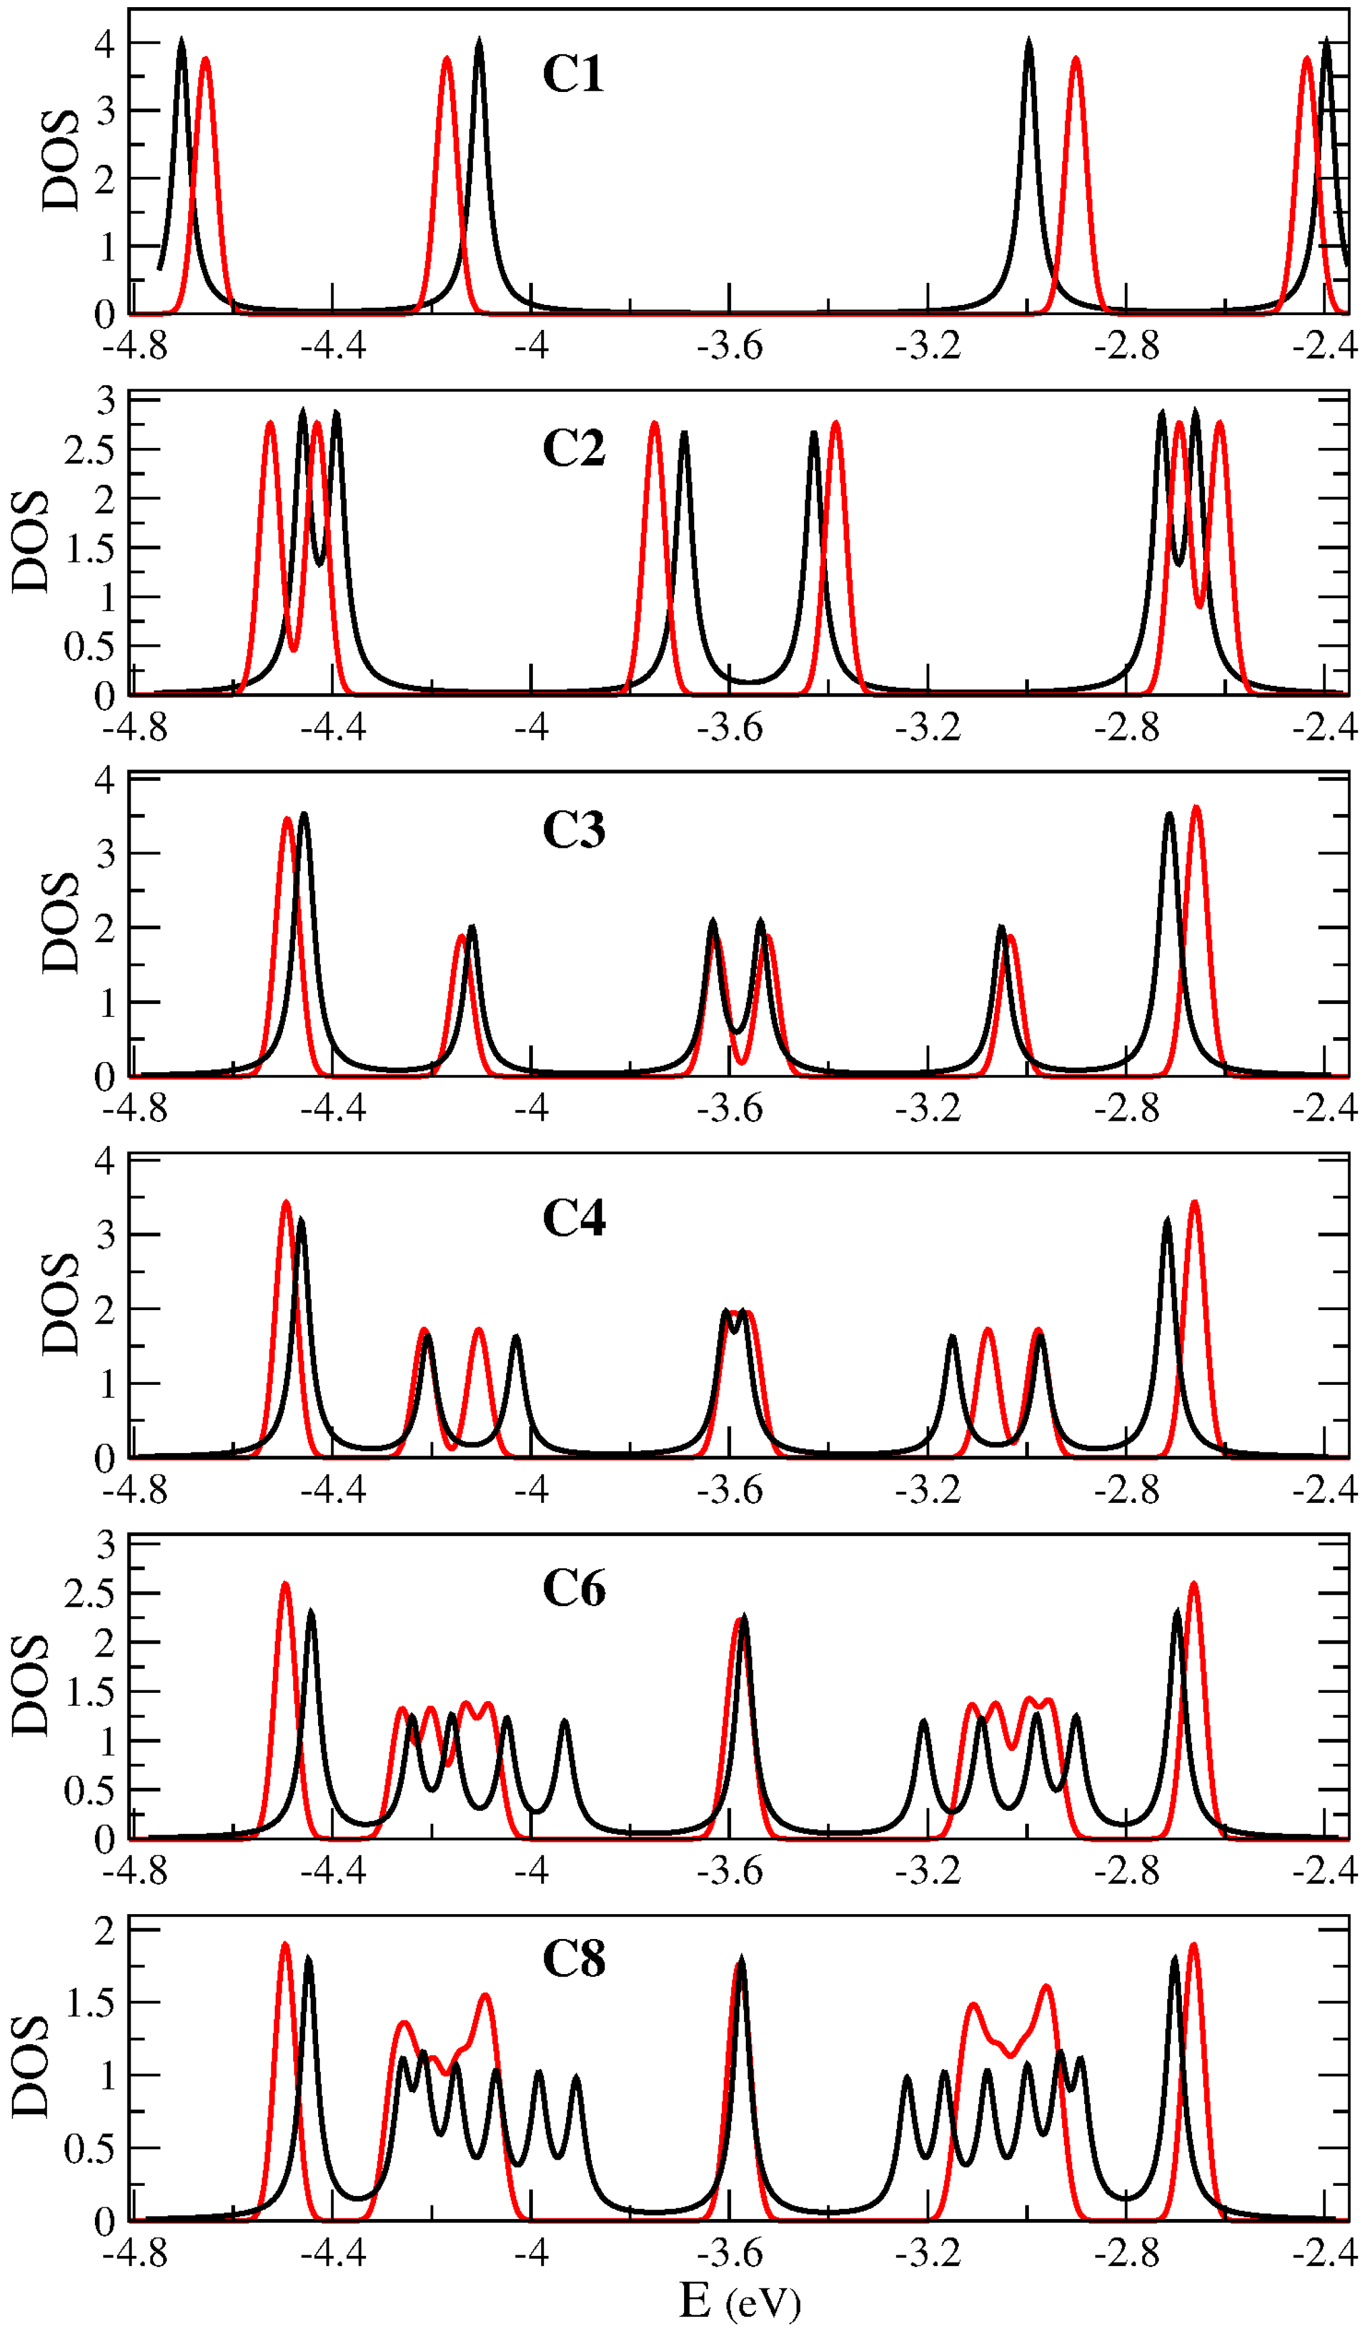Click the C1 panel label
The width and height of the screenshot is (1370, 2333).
573,74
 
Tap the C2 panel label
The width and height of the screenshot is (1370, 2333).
573,449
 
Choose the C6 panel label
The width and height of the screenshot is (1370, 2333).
573,1589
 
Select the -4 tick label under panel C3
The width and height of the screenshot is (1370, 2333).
532,1108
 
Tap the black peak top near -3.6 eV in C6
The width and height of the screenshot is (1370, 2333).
743,1618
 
